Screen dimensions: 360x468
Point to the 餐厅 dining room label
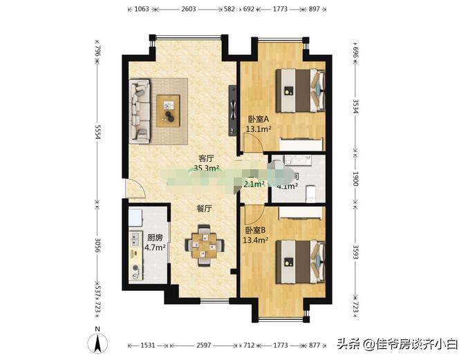[202, 207]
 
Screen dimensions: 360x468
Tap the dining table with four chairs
[204, 245]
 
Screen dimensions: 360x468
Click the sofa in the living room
[141, 111]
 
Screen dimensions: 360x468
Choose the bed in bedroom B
[299, 260]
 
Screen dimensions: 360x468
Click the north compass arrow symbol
[98, 341]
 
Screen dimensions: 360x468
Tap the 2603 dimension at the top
[188, 10]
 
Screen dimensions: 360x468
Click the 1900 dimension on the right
[355, 180]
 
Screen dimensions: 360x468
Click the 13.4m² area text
[256, 240]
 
